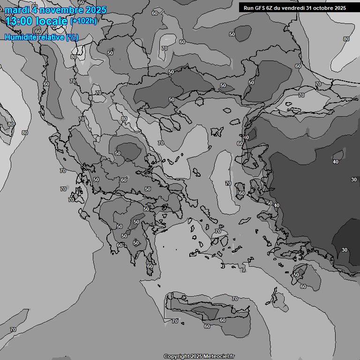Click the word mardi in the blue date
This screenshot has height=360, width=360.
pyautogui.click(x=16, y=10)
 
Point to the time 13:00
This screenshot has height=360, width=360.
pyautogui.click(x=21, y=21)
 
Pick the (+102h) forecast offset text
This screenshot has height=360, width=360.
pyautogui.click(x=83, y=21)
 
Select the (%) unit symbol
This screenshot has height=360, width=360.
pyautogui.click(x=72, y=37)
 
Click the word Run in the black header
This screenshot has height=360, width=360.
pyautogui.click(x=249, y=7)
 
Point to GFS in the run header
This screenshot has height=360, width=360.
pyautogui.click(x=260, y=7)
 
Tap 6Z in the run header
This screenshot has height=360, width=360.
pyautogui.click(x=270, y=7)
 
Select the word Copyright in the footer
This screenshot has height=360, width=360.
pyautogui.click(x=177, y=357)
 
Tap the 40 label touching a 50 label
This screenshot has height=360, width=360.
pyautogui.click(x=277, y=205)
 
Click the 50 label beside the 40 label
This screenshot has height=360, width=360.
pyautogui.click(x=270, y=203)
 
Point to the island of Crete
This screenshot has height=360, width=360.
pyautogui.click(x=206, y=309)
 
